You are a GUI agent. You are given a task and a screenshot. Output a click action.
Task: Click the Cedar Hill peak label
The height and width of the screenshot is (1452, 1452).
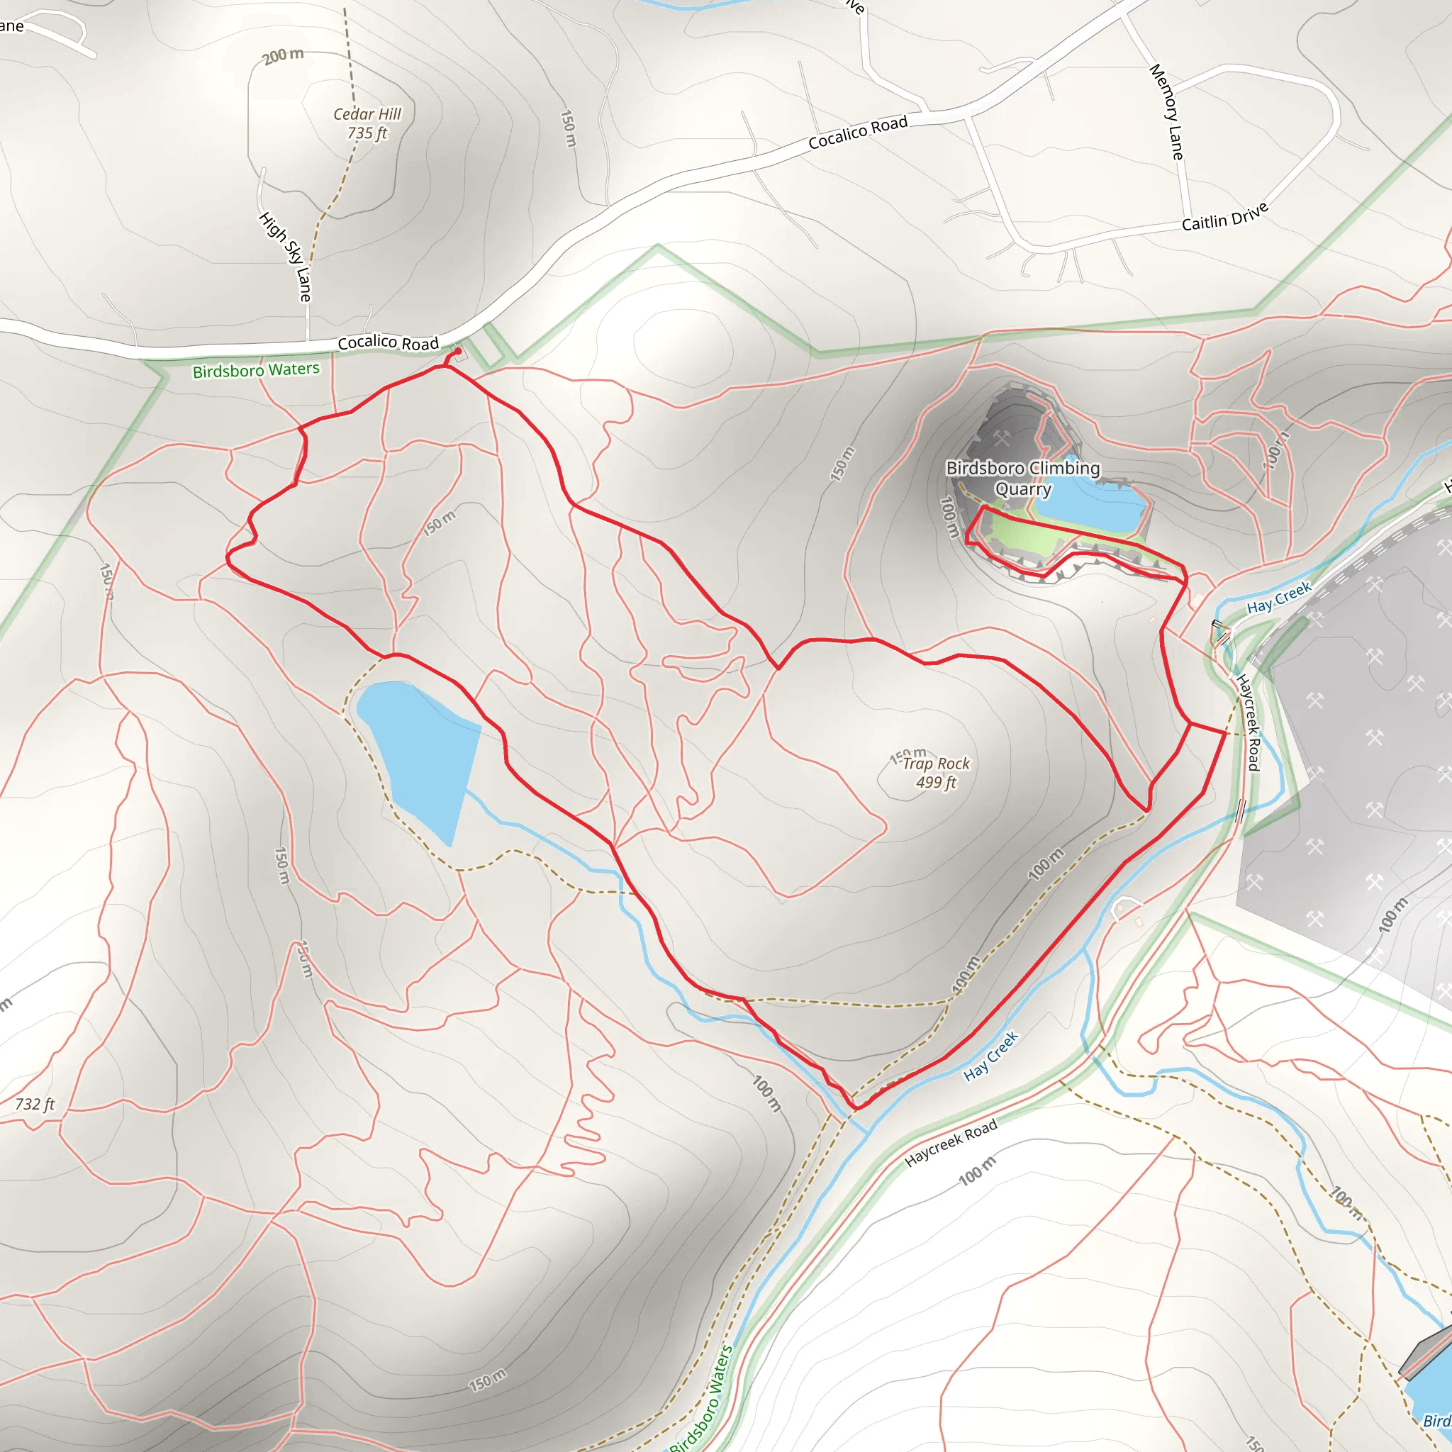367,123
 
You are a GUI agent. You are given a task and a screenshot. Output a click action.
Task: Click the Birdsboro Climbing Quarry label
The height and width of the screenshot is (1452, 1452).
1022,478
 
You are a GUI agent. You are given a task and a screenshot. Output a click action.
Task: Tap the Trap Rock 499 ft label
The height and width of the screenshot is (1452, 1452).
935,773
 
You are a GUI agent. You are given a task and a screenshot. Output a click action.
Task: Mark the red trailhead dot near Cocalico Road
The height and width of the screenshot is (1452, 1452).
458,351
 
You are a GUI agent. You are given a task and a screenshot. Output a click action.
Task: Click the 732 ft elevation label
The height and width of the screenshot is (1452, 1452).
35,1104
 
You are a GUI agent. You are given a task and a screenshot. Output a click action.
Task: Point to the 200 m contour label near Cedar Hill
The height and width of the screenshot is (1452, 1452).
284,55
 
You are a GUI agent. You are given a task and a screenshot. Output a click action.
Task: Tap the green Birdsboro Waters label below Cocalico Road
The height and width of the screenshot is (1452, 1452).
255,371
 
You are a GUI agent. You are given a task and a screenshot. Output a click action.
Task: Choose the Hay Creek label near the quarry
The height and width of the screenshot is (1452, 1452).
1278,597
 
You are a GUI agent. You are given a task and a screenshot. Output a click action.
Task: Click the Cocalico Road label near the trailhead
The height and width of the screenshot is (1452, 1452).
388,342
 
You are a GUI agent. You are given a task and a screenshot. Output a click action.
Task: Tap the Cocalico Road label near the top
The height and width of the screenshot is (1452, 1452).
858,133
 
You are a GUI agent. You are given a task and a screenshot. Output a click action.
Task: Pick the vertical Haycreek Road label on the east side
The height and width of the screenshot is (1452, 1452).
1248,722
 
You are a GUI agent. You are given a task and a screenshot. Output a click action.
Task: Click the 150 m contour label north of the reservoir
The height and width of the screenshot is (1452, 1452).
439,523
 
